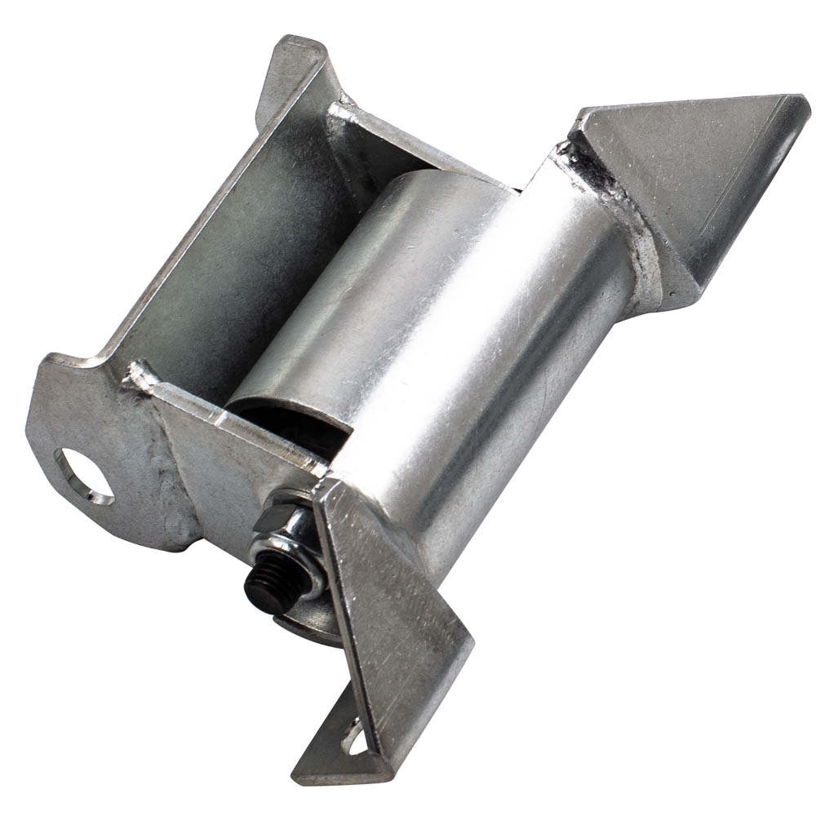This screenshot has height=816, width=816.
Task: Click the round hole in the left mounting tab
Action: pyautogui.click(x=85, y=475)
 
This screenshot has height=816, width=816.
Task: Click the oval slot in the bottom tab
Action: pyautogui.click(x=356, y=738)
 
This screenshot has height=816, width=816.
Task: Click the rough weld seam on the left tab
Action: pyautogui.click(x=175, y=481)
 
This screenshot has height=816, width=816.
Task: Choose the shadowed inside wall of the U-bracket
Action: pyautogui.click(x=228, y=245)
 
